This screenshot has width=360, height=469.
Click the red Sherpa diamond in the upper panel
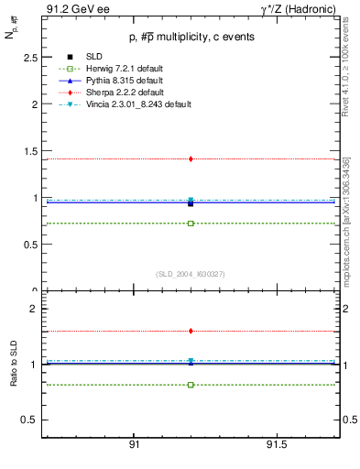tap(191, 158)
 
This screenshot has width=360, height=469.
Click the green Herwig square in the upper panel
tap(191, 224)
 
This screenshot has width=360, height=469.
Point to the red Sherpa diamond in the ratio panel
tap(191, 331)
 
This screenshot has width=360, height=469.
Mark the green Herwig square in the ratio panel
tap(191, 385)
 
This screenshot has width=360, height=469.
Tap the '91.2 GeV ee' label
tap(75, 9)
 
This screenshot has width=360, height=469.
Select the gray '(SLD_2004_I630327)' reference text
tap(191, 273)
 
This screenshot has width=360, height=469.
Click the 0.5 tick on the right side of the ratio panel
tap(349, 420)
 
